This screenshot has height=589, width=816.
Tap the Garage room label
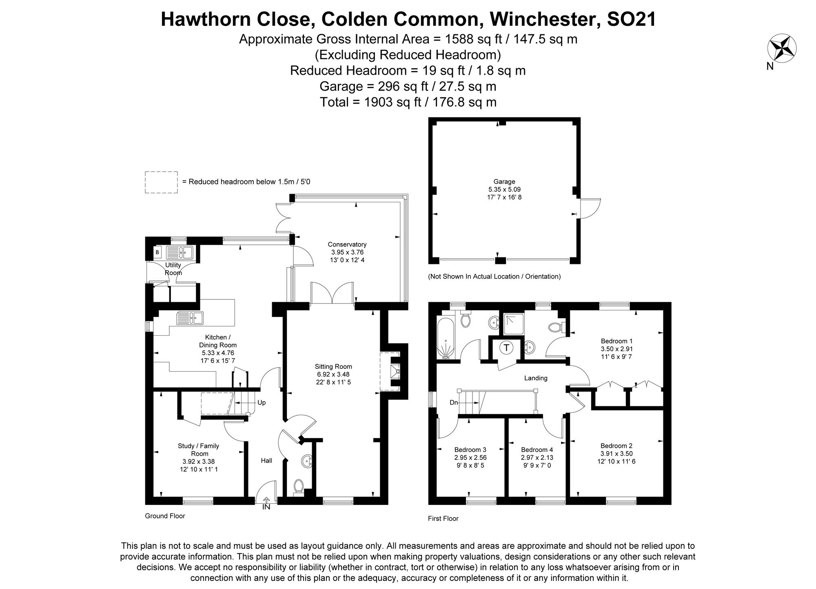click(504, 182)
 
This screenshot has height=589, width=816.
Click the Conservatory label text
click(347, 244)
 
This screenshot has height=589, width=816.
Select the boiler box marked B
click(157, 252)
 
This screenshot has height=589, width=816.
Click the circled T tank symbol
click(506, 348)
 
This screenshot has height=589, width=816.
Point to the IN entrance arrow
click(266, 503)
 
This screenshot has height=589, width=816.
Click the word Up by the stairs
click(262, 403)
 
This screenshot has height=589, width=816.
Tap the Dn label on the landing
click(454, 403)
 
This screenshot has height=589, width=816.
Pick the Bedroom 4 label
click(537, 449)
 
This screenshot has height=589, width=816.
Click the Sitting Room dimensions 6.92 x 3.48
click(333, 374)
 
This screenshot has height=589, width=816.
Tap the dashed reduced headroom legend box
click(161, 182)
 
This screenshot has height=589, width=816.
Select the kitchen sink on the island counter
click(190, 317)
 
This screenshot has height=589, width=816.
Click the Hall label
click(266, 461)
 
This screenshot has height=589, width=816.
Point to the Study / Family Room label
click(199, 449)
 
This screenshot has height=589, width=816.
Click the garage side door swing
click(590, 208)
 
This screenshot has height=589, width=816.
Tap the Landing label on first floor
click(535, 378)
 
